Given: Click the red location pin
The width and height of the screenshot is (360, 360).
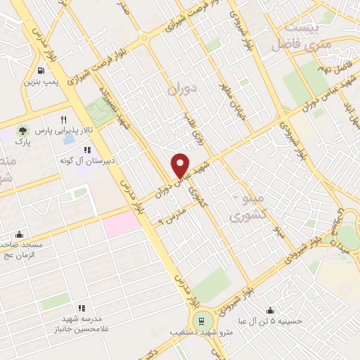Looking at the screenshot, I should coord(180,165).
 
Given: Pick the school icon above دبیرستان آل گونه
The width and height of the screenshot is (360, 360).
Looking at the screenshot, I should coord(87,150).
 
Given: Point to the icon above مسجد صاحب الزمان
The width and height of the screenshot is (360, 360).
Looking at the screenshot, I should coord(19,234).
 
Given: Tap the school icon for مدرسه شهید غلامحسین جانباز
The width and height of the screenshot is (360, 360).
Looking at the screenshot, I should coord(82,307).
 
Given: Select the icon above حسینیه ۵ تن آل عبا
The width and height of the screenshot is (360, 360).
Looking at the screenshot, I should coord(270,310).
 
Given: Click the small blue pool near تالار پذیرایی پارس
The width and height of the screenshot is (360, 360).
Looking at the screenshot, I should coord(68,139).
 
